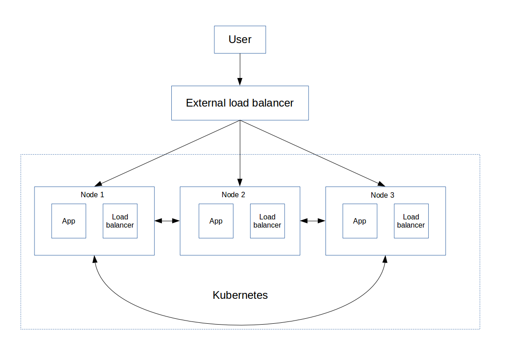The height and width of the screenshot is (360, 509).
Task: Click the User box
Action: coord(240,39)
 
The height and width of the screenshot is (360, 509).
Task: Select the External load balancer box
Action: coord(240,103)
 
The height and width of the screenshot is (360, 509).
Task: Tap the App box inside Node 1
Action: coord(69,221)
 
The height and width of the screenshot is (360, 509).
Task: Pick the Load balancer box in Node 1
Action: coord(120,221)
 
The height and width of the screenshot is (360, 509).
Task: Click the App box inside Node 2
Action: coord(216,221)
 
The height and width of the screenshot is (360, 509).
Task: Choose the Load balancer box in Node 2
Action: coord(267,221)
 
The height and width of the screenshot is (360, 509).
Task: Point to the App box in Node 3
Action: coord(360,221)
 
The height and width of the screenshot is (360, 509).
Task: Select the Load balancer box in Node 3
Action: coord(411,221)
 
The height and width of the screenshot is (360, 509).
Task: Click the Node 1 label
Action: coord(92,195)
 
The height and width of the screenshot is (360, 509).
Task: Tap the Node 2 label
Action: coord(233,195)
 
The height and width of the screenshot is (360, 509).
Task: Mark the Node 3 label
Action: coord(383,195)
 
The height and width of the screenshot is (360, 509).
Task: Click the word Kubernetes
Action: coord(240,295)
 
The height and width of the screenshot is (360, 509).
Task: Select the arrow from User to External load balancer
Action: coord(240,69)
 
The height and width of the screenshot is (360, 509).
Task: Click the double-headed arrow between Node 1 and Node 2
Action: coord(167,221)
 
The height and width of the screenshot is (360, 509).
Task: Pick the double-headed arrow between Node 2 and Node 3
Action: coord(313,221)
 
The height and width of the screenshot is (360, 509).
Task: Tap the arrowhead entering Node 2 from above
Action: coord(240,182)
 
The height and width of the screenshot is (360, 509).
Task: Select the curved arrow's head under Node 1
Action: coord(95,259)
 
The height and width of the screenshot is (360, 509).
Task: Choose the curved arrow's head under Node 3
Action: coord(385,259)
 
